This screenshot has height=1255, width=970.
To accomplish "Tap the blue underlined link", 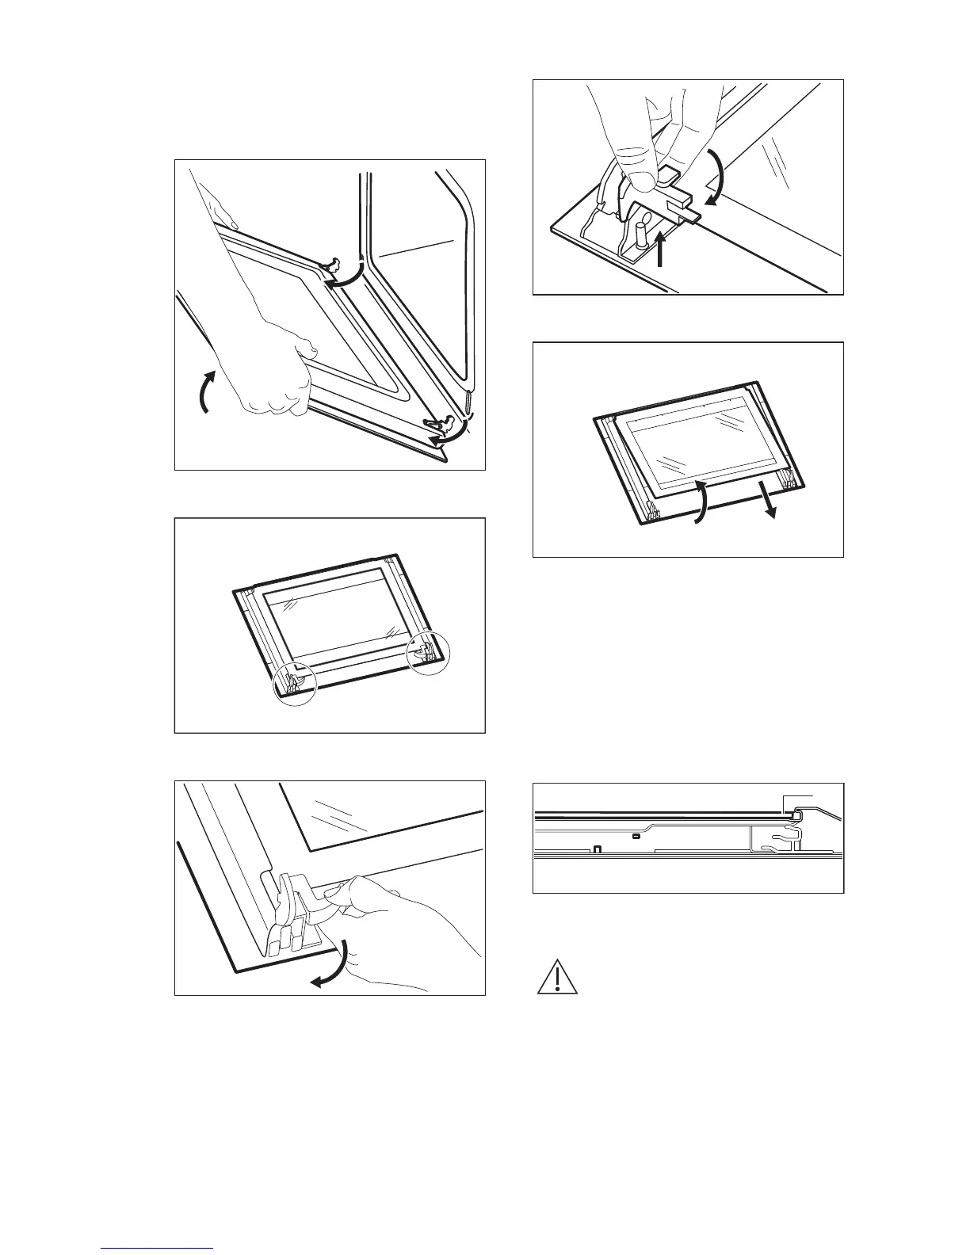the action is click(x=158, y=1249).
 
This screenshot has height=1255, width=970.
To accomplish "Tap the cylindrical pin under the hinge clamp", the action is click(x=641, y=236).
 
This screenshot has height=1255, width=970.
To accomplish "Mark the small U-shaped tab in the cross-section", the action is click(x=598, y=850).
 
